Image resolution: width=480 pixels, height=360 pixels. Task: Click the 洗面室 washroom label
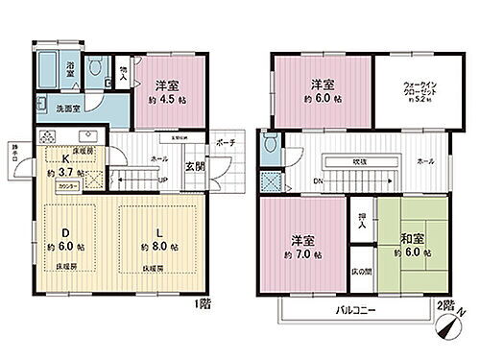tap(67, 108)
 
